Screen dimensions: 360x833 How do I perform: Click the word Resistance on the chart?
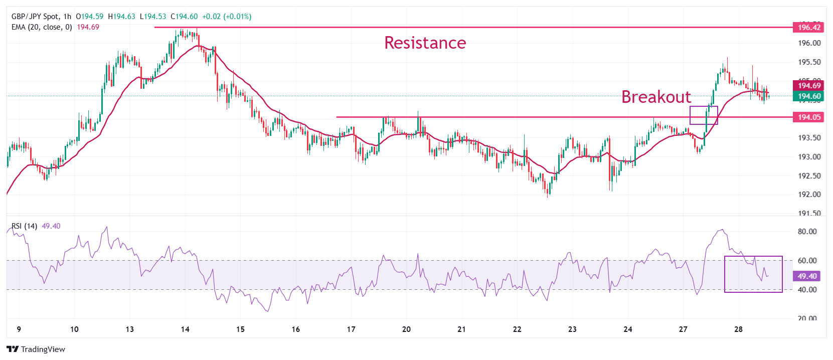(425, 43)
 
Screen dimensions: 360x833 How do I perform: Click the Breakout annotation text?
(656, 97)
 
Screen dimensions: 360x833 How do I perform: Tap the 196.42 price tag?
(809, 28)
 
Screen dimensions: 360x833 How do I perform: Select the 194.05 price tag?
(809, 117)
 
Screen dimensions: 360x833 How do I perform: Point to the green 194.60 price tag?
(809, 96)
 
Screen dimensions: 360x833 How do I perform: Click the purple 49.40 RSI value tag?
(807, 276)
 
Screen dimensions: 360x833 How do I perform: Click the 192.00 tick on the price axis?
(809, 195)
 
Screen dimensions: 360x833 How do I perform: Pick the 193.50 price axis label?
(809, 138)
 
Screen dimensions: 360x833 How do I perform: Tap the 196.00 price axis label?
(809, 43)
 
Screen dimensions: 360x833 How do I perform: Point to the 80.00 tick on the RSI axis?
(807, 232)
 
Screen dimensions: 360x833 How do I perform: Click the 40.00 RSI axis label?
(807, 290)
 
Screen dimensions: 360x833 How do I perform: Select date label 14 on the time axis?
(185, 329)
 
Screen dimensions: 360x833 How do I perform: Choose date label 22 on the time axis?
(517, 329)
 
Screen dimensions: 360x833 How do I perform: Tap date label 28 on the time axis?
(738, 329)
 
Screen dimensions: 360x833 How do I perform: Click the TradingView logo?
(36, 349)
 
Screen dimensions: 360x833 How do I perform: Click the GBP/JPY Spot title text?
(35, 17)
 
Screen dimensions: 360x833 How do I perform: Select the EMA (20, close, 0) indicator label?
(42, 27)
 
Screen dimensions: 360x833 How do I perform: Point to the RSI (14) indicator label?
(25, 226)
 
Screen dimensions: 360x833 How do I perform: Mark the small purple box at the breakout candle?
(704, 115)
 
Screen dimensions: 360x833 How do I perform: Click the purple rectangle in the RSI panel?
(753, 274)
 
